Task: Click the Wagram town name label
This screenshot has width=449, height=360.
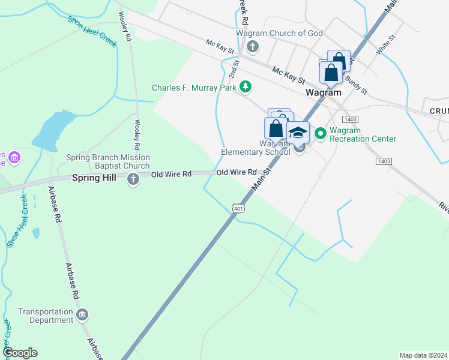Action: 323,92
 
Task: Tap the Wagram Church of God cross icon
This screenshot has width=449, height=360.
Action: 253,46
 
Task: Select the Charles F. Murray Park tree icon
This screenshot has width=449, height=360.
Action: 245,88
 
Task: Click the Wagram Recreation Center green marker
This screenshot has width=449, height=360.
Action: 320,133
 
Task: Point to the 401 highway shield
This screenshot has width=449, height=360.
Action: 239,208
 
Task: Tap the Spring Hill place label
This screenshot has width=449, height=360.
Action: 92,178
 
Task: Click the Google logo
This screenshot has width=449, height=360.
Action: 20,353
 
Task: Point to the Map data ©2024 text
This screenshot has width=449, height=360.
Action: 423,355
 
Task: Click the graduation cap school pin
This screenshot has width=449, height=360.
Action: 298,133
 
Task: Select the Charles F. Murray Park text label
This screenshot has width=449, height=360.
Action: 194,88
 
